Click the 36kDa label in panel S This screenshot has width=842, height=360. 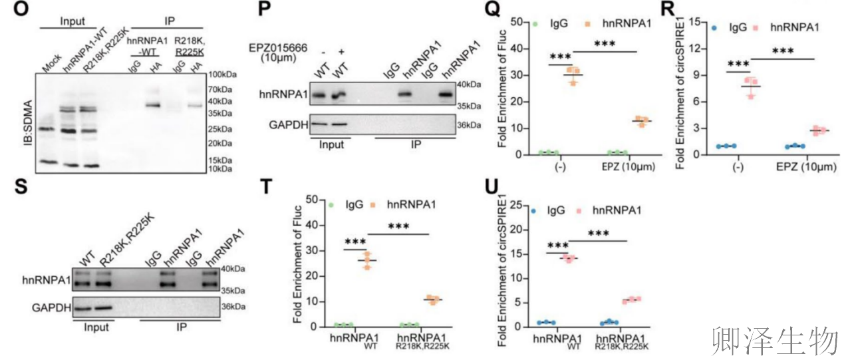point(231,307)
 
